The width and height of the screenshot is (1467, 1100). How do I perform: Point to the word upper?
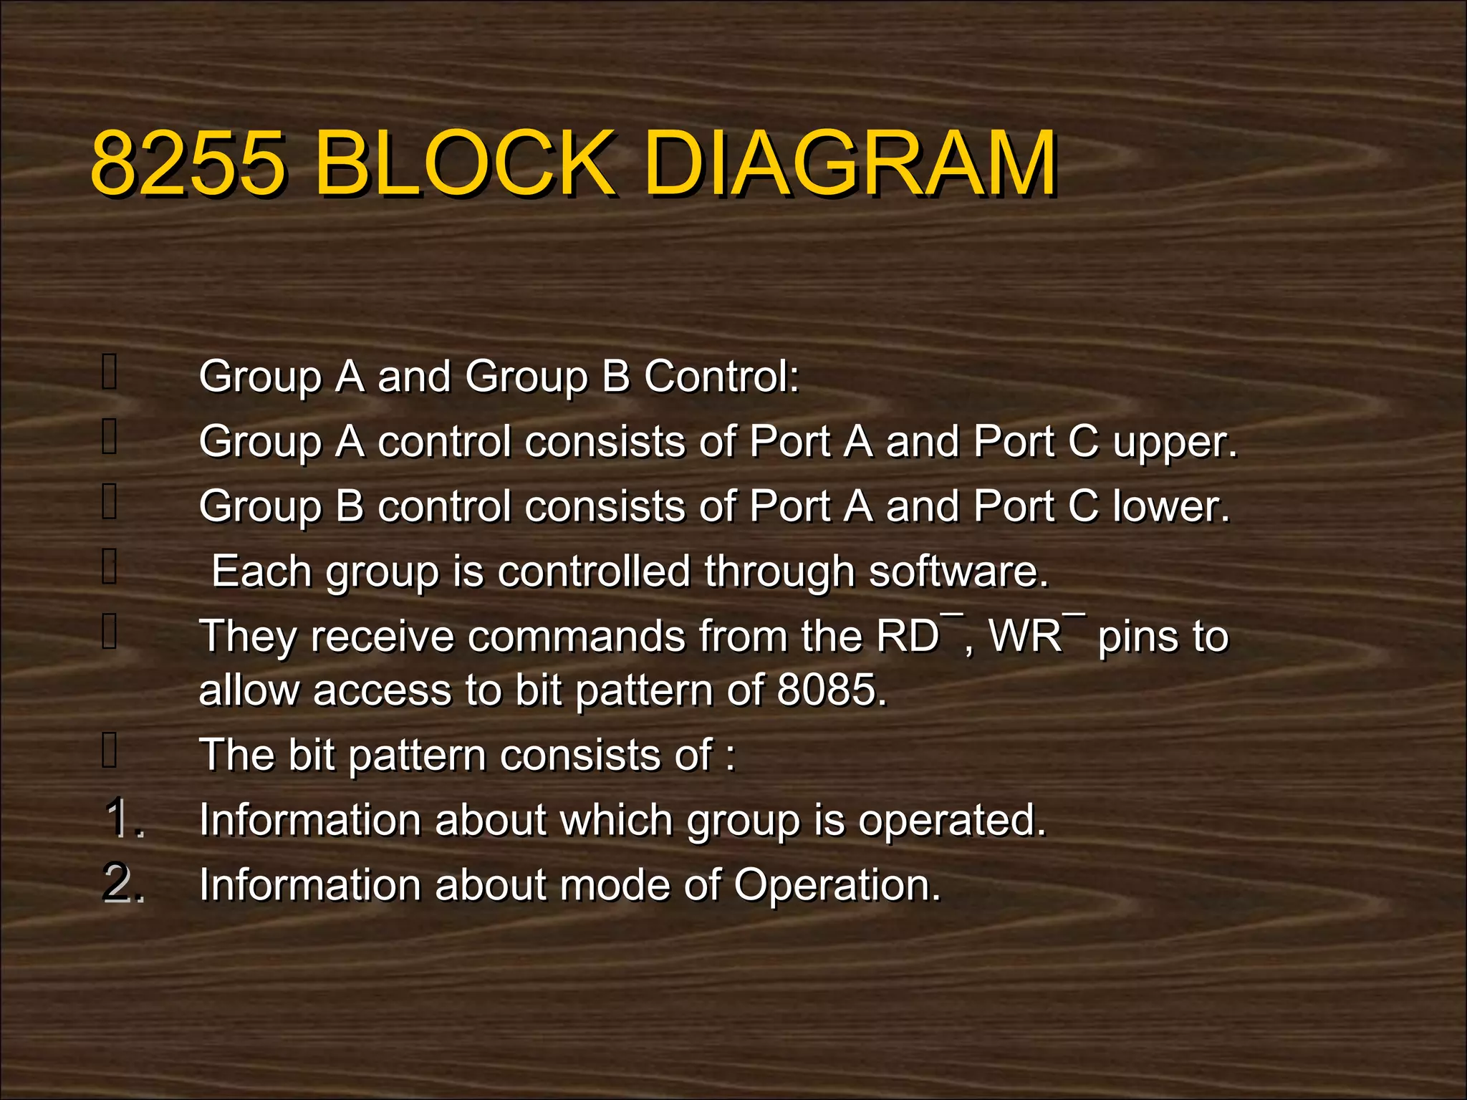tap(1175, 443)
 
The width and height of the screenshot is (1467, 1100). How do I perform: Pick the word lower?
tap(1171, 507)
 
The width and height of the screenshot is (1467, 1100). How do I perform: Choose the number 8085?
tap(831, 690)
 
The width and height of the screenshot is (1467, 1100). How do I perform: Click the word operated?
tap(952, 820)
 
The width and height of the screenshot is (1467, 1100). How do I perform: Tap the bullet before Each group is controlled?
tap(110, 566)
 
